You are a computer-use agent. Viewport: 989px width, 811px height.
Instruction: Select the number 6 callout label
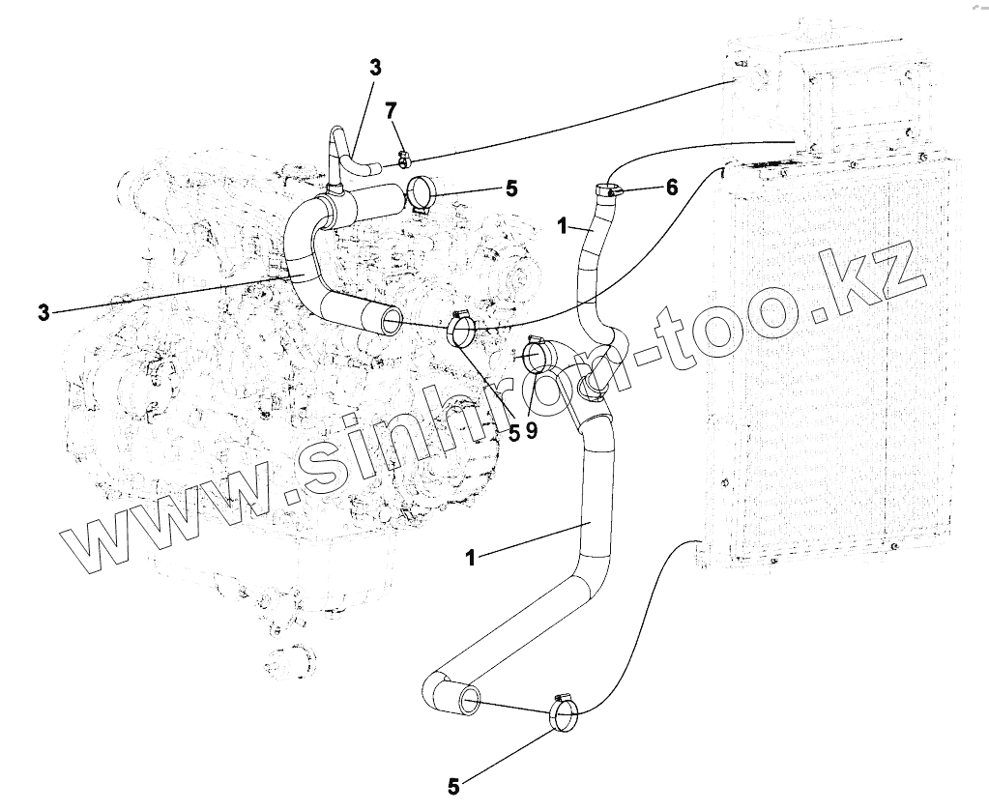(672, 188)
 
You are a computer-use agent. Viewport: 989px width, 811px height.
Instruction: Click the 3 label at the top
(375, 68)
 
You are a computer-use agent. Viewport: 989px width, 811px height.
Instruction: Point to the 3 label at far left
(43, 311)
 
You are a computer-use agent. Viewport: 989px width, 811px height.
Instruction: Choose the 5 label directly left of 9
(515, 432)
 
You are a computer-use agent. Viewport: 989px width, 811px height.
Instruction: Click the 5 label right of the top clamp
(511, 188)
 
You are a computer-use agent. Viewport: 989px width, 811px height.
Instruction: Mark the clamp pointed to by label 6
(608, 191)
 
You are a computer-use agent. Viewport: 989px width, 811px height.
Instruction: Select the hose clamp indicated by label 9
(537, 355)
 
